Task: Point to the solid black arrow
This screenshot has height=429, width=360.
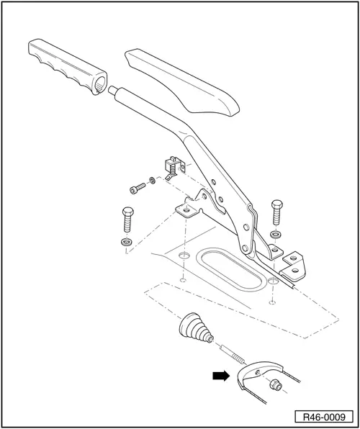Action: (220, 376)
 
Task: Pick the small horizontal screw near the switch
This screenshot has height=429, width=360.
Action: (136, 188)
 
